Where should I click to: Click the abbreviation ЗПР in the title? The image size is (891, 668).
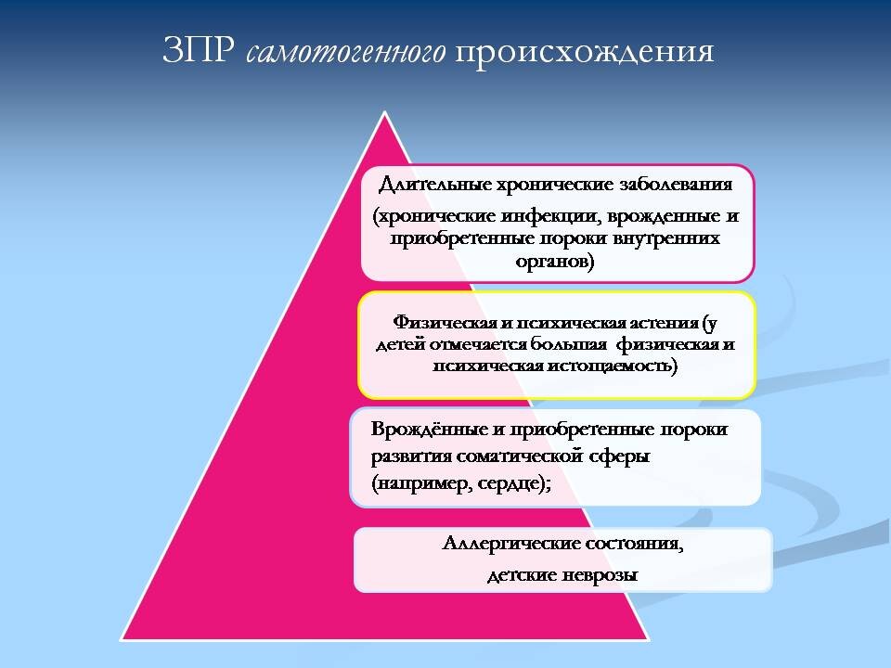(x=199, y=51)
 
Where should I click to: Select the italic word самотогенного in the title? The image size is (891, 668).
(x=346, y=52)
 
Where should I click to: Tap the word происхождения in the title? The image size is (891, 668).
(x=584, y=53)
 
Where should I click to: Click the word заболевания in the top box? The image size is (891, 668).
(x=676, y=184)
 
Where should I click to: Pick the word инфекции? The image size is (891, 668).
(x=551, y=216)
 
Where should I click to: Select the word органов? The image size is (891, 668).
(x=555, y=262)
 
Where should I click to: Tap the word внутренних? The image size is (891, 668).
(x=666, y=238)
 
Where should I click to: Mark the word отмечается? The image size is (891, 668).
(x=479, y=344)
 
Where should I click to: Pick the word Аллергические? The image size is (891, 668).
(x=510, y=544)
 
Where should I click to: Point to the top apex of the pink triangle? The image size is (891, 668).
(x=384, y=112)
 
